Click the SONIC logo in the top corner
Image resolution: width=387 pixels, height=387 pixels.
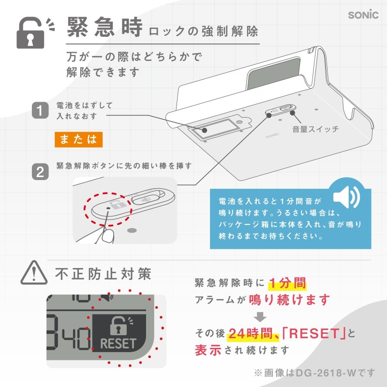click(363, 15)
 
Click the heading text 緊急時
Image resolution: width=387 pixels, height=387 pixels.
click(104, 28)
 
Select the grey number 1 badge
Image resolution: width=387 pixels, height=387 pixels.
click(40, 110)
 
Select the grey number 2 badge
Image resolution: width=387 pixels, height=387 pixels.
click(40, 172)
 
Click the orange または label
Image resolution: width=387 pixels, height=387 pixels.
click(78, 139)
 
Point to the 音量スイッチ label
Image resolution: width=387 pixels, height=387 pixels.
click(315, 129)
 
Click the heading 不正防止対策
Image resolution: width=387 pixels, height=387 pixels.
click(104, 274)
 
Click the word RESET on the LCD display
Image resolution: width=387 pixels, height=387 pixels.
click(119, 343)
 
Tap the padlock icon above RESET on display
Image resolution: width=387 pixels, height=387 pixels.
click(119, 326)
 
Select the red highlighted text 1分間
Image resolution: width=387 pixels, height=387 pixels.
click(287, 282)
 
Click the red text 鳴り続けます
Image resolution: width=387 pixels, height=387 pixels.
click(290, 299)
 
